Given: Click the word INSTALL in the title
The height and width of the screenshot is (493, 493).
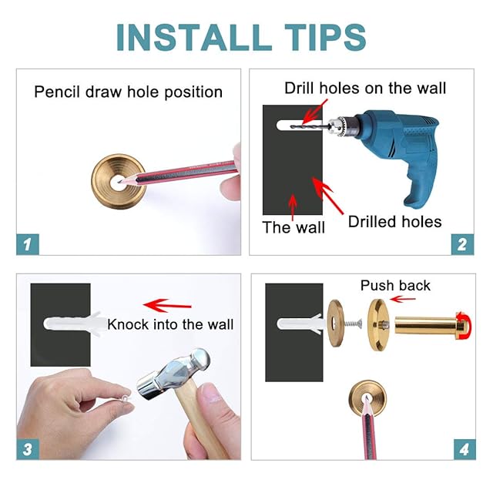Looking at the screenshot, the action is click(x=194, y=37).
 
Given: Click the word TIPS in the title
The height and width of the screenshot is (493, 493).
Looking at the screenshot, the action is click(x=325, y=37).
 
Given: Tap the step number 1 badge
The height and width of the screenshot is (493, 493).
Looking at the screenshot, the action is click(x=28, y=244).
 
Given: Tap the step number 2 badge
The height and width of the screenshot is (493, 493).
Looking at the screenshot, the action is click(x=462, y=244).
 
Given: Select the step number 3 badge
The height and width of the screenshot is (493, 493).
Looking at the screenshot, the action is click(x=28, y=449).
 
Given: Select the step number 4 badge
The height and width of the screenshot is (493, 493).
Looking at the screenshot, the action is click(x=464, y=449).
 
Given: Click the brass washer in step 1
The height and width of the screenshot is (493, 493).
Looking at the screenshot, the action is click(x=119, y=182).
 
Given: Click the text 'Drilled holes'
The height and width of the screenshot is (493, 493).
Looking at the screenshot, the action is click(x=394, y=222).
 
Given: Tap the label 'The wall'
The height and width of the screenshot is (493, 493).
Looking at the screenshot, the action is click(x=293, y=227).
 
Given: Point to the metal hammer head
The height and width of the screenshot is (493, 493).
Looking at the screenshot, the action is click(x=174, y=375).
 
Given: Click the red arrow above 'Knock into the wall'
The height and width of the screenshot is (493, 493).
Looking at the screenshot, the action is click(x=167, y=305).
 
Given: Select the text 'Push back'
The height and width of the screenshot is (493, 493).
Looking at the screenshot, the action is click(x=395, y=286).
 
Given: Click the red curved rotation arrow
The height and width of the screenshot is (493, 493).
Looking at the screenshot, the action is click(x=465, y=325).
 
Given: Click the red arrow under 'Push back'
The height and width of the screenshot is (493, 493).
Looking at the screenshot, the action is click(x=402, y=299).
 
